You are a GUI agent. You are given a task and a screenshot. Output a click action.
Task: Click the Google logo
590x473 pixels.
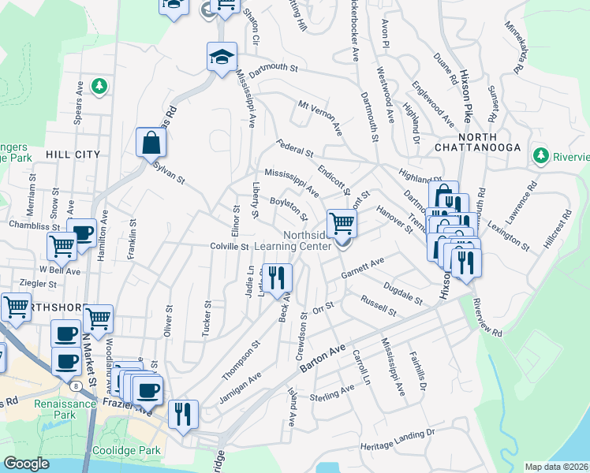click(26, 464)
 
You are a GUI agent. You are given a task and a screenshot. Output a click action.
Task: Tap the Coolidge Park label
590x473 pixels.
click(128, 450)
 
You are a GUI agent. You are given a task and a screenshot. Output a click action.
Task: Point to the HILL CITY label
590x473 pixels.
click(73, 155)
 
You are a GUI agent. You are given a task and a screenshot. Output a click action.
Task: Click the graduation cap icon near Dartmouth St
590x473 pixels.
click(222, 56)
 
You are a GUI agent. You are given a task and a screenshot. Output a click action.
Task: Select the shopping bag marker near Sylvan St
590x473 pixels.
click(151, 143)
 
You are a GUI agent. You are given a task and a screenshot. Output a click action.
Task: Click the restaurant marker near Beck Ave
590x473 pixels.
click(277, 277)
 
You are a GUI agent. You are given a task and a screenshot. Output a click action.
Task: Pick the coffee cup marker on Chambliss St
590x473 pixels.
click(81, 233)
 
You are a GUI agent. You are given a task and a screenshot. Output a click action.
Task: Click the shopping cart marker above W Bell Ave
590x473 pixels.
click(62, 245)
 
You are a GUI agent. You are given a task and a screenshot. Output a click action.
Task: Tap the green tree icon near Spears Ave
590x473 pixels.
click(99, 85)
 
